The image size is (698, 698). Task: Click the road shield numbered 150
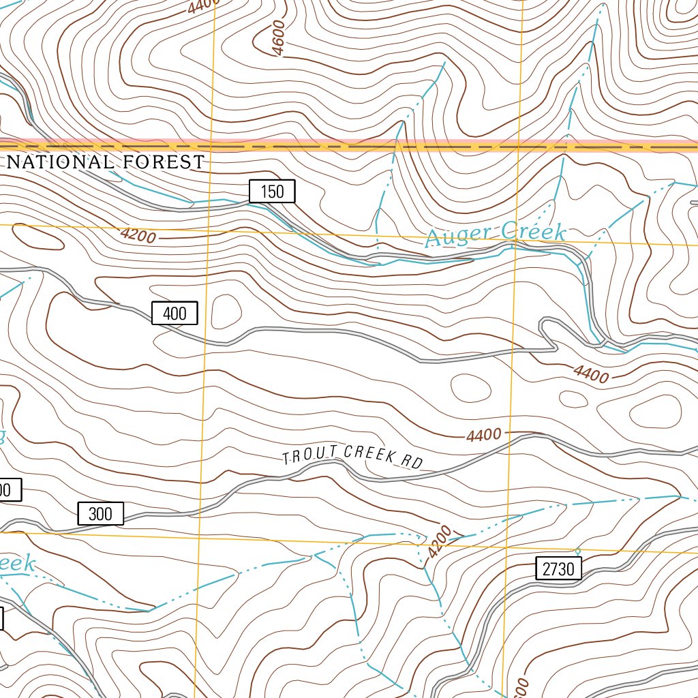tap(272, 192)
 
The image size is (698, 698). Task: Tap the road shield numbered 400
tap(174, 314)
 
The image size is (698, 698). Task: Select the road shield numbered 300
tap(100, 513)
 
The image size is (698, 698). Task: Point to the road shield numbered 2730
tap(559, 568)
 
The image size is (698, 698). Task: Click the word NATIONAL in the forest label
tap(61, 162)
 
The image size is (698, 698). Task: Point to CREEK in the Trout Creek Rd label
tap(369, 454)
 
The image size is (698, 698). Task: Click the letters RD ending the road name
tap(411, 462)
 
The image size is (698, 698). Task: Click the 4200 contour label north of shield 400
tap(138, 236)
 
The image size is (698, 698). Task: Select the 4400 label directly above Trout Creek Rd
tap(485, 434)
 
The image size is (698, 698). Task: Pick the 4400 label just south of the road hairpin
tap(590, 374)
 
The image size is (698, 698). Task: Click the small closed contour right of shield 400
tap(226, 312)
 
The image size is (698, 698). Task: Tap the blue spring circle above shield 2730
tap(577, 551)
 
